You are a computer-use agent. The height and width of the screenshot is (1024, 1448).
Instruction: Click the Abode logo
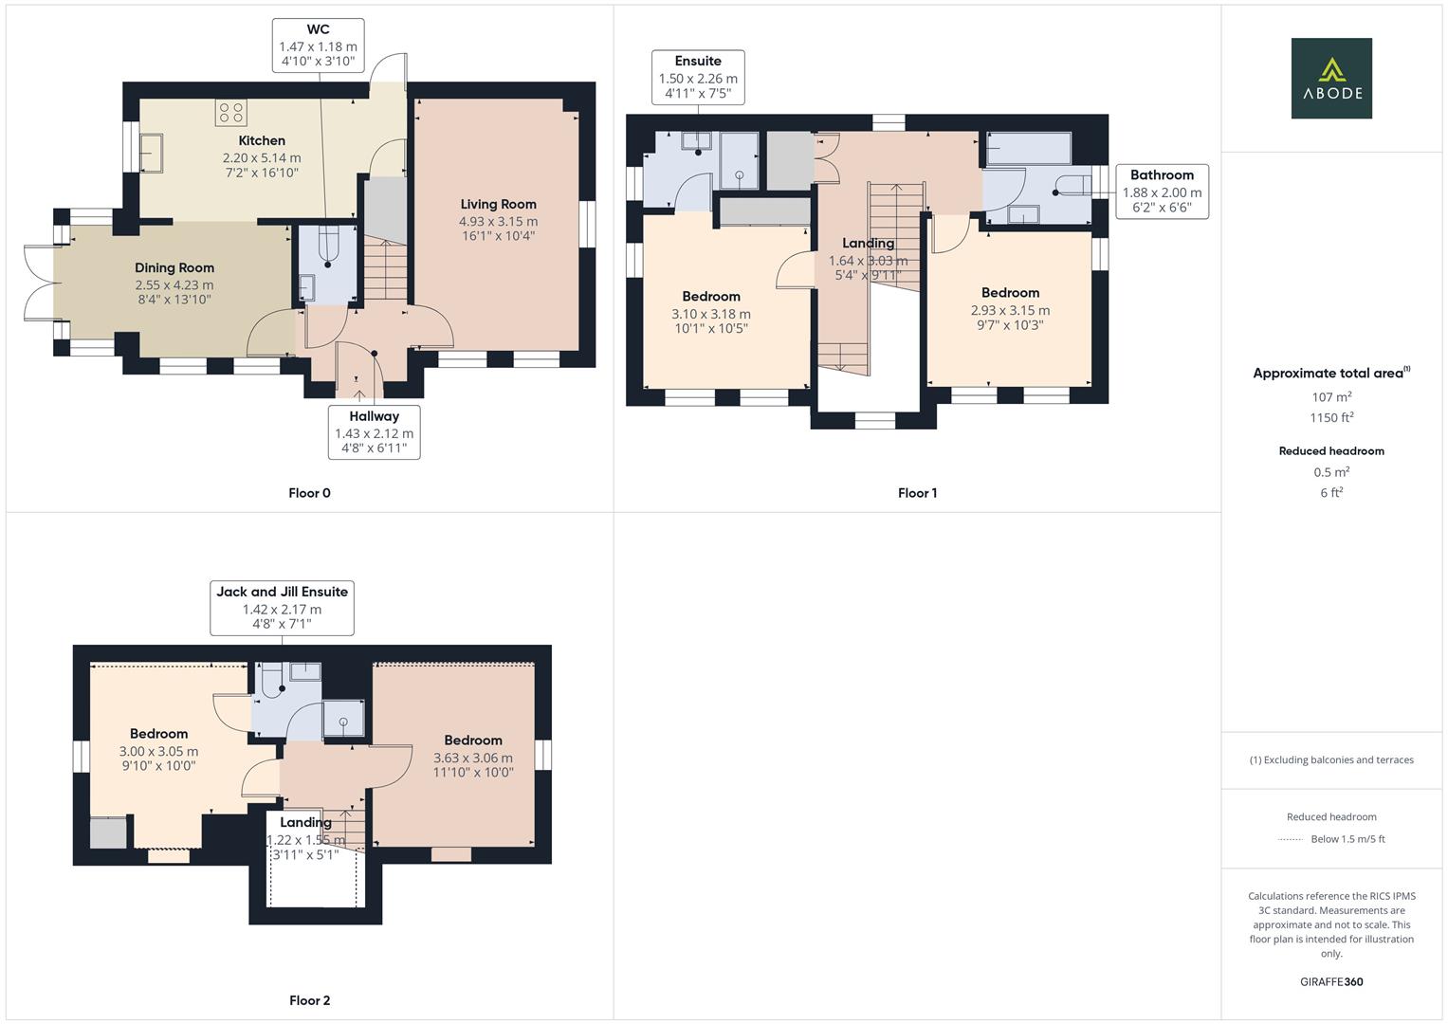click(x=1330, y=78)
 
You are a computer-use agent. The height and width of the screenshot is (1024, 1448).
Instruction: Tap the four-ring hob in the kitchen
click(x=231, y=113)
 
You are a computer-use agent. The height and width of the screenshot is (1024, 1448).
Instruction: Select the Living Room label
click(x=498, y=204)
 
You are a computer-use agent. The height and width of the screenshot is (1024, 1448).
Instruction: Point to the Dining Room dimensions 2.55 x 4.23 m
click(x=174, y=284)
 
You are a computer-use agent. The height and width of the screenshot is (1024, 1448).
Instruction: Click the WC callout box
click(x=318, y=46)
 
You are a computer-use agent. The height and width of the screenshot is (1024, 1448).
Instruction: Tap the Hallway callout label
click(x=374, y=416)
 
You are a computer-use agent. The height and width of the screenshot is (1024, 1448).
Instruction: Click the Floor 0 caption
click(x=309, y=493)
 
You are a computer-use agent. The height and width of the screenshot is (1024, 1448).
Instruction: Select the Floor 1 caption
click(x=917, y=493)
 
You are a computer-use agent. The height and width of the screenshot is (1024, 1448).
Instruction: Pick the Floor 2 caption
click(x=309, y=1000)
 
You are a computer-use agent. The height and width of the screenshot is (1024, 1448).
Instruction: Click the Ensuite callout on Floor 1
click(x=698, y=77)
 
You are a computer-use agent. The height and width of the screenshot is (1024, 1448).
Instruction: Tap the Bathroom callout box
click(x=1162, y=191)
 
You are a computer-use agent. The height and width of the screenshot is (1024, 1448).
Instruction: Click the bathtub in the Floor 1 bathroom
click(x=1029, y=148)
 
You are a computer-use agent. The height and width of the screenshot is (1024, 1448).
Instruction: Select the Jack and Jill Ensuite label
click(x=282, y=592)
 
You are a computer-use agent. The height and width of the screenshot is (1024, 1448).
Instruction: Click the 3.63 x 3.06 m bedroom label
click(x=472, y=758)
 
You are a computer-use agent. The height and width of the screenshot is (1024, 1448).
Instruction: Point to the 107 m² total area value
click(x=1331, y=397)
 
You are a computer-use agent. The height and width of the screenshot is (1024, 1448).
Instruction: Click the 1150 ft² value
click(x=1331, y=418)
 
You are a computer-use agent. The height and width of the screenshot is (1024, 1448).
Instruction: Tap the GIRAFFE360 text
click(x=1331, y=981)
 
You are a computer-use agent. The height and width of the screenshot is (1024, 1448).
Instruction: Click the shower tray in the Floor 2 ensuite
click(x=342, y=720)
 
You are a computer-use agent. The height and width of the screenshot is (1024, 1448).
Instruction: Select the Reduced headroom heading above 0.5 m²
click(x=1331, y=451)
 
